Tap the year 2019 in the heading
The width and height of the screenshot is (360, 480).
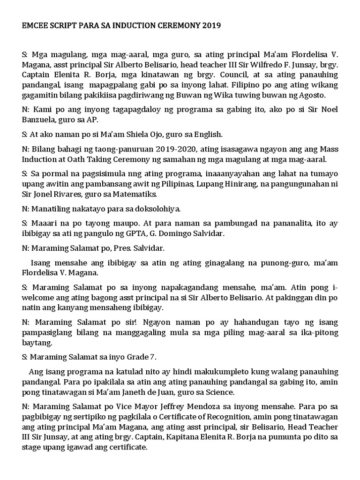click(211, 26)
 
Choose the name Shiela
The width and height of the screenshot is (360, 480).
click(127, 134)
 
